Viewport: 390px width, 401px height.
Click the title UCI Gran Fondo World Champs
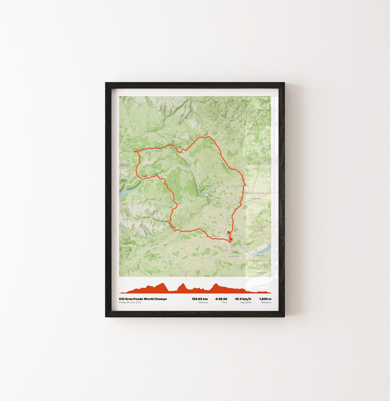tap(143, 299)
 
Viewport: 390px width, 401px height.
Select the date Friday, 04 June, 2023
tap(130, 302)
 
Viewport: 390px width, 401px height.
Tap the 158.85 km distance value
tap(200, 299)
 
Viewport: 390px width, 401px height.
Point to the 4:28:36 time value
tap(221, 299)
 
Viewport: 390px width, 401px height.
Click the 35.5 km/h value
tap(243, 299)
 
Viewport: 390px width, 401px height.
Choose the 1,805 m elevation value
tap(265, 299)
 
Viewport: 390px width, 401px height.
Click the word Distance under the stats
tap(203, 302)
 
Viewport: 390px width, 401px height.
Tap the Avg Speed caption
tap(246, 302)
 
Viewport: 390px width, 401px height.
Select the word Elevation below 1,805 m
tap(266, 302)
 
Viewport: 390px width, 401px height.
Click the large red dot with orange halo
tap(231, 239)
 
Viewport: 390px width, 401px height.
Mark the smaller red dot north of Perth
tap(229, 233)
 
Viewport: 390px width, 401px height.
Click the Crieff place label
tap(163, 249)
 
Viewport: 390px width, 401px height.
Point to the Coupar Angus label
tap(255, 198)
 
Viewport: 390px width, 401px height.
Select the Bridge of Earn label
tap(235, 256)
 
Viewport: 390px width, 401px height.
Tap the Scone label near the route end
tap(235, 235)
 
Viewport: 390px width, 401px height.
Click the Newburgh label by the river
tap(261, 255)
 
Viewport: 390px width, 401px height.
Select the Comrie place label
tap(140, 249)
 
